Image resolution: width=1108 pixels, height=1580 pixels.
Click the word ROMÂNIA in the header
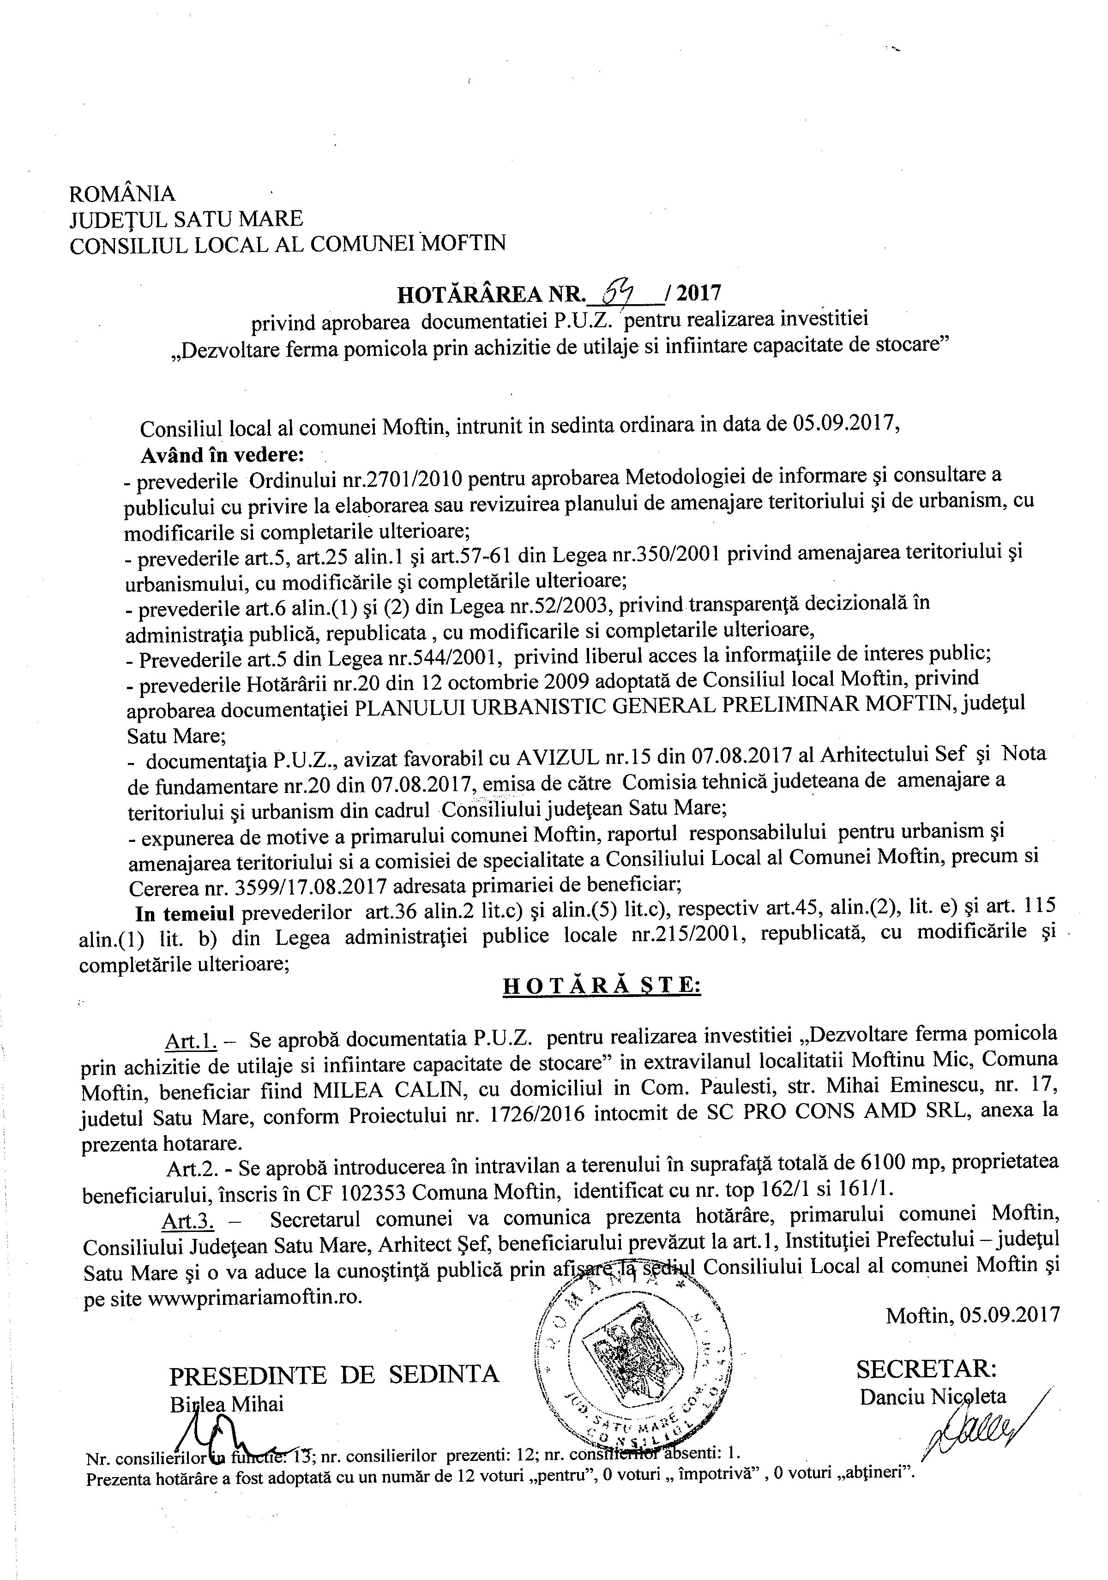[122, 194]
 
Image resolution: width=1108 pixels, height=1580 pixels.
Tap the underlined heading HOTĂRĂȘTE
[602, 985]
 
